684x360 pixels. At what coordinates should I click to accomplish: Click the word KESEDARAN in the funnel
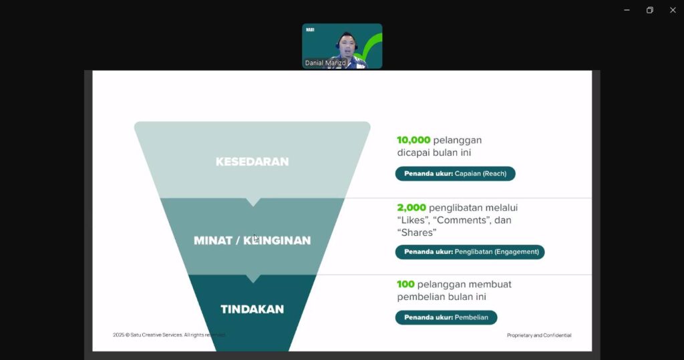pos(252,162)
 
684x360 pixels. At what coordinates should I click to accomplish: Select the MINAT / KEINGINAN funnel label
pos(252,240)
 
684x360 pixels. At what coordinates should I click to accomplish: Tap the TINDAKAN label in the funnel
pos(252,309)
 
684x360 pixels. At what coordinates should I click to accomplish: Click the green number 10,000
pos(413,140)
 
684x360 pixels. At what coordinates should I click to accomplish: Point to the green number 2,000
pos(411,208)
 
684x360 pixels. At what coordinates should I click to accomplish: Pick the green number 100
pos(405,285)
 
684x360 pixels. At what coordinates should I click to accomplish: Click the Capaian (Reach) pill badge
pos(456,174)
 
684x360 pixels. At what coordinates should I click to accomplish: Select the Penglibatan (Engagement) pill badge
pos(470,252)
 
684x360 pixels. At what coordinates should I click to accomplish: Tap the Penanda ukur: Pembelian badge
pos(446,317)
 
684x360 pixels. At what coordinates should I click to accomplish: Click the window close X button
pos(673,10)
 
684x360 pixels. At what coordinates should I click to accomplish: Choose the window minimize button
pos(627,10)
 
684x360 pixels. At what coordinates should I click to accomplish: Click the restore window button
pos(650,10)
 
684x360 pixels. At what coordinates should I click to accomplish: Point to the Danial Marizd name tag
pos(325,63)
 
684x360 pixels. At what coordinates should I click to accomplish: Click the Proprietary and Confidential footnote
pos(539,335)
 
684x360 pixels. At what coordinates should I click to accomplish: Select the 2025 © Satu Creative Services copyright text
pos(169,335)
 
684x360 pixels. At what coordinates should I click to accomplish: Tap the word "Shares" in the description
pos(417,232)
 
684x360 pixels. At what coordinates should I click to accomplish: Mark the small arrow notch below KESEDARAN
pos(252,202)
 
